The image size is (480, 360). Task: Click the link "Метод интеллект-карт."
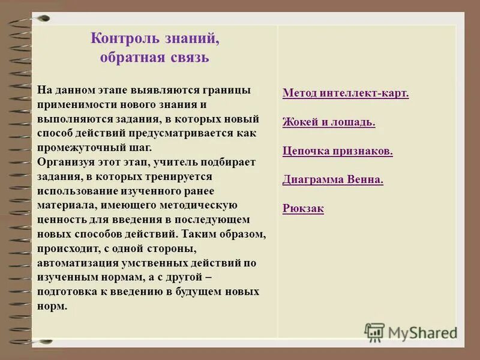click(346, 94)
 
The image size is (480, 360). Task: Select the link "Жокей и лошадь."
click(329, 122)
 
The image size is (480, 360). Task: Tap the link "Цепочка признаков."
click(338, 151)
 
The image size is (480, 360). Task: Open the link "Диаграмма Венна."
click(332, 180)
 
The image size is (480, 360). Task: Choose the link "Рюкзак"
click(303, 209)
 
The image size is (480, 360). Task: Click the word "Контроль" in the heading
click(123, 39)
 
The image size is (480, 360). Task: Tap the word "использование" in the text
click(74, 191)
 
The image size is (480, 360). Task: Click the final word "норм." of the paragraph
click(52, 306)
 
